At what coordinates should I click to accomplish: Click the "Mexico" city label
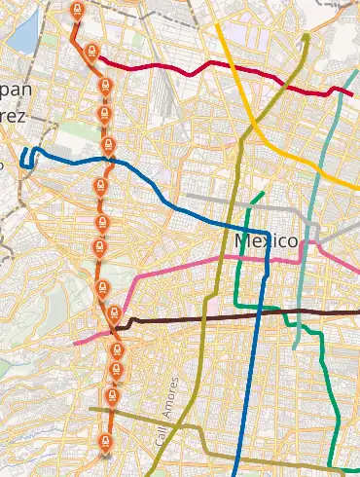(265, 239)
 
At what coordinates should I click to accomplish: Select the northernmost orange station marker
(78, 11)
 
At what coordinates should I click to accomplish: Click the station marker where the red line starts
(91, 53)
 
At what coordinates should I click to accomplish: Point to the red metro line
(195, 68)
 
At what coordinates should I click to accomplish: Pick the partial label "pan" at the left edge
(15, 90)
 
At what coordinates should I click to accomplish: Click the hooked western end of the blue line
(25, 156)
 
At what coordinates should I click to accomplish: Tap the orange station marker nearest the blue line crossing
(108, 146)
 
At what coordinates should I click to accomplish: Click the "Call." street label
(158, 435)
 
